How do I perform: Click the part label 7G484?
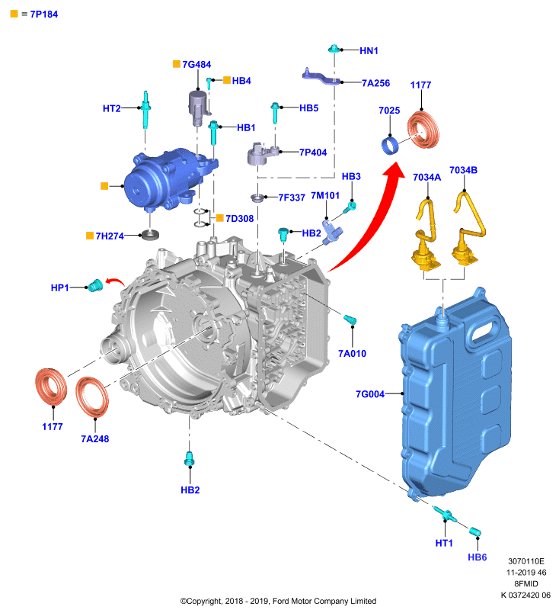coord(196,65)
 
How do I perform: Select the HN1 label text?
coord(369,50)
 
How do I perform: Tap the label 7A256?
coord(375,83)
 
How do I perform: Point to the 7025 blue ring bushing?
coord(390,145)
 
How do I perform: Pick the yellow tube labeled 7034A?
coord(426,234)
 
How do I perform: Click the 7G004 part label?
coord(370,394)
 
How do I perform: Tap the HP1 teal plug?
coord(95,286)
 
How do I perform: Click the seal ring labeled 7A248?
coord(92,396)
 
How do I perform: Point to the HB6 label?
coord(477,557)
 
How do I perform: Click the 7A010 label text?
coord(352,353)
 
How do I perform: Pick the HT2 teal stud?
coord(146,110)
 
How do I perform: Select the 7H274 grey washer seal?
coord(150,235)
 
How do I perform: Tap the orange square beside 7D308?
coord(220,218)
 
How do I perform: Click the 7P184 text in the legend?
coord(44,14)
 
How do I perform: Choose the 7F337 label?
coord(292,197)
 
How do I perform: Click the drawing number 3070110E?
coord(526,561)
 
